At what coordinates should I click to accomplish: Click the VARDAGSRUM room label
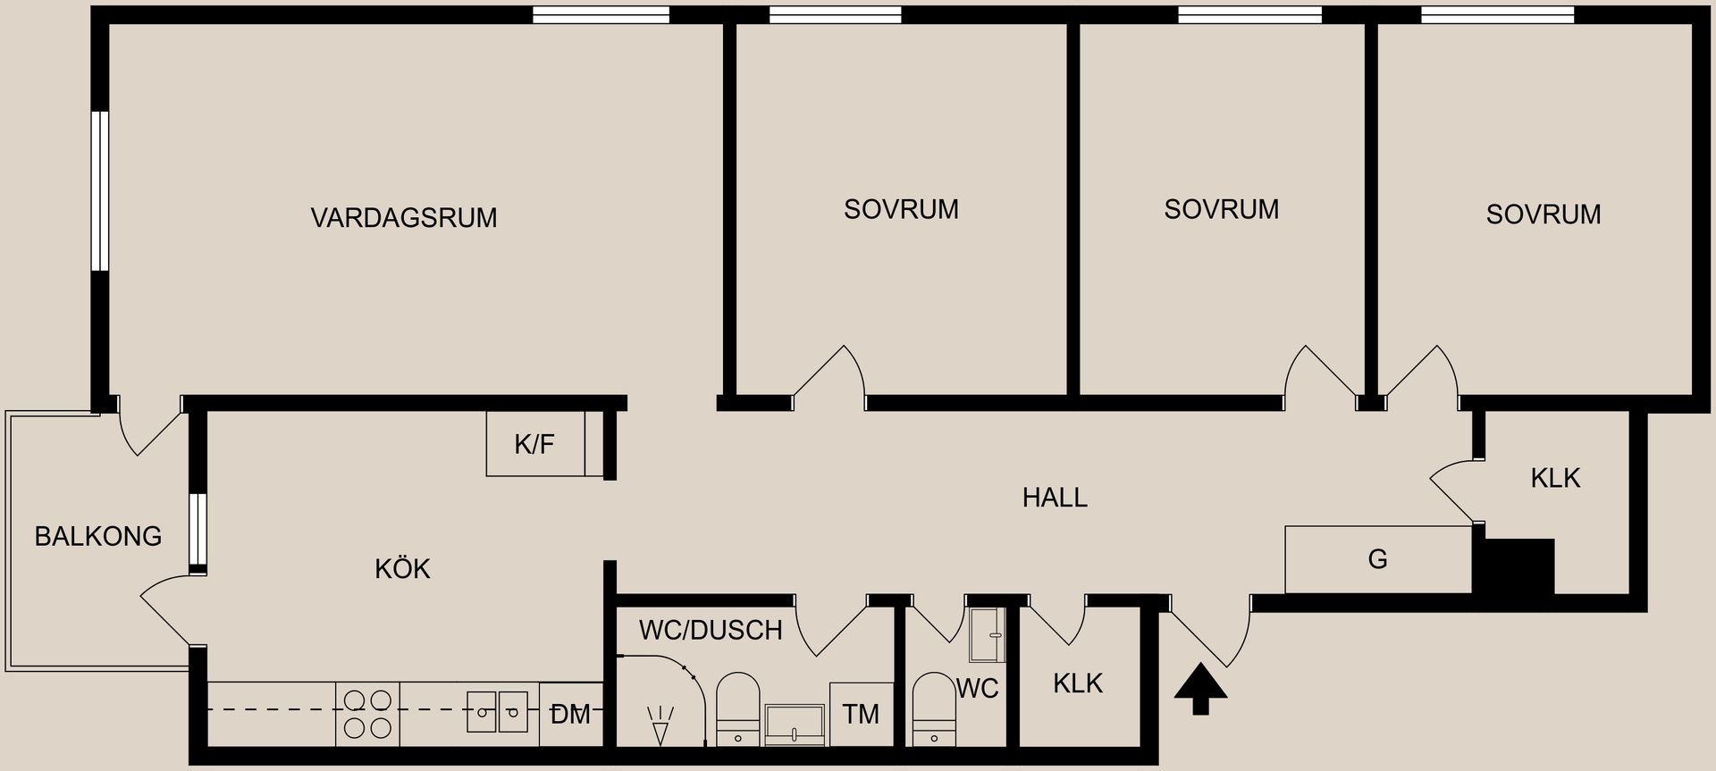coord(404,218)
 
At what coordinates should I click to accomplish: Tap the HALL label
coord(1055,498)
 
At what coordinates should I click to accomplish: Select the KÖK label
coord(402,569)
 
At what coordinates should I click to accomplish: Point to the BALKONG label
coord(98,536)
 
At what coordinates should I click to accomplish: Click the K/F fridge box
coord(535,444)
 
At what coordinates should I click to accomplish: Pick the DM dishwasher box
coord(571,714)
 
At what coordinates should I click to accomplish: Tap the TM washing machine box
coord(862,714)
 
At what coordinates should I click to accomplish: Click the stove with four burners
coord(368,714)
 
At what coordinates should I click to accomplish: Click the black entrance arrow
coord(1200,689)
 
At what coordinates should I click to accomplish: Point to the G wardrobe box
coord(1378,559)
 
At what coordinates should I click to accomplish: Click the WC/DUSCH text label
coord(711,630)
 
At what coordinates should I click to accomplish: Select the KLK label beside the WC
coord(1078,683)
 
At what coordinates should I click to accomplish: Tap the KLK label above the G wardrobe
coord(1555,478)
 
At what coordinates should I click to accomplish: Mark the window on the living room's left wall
coord(100,190)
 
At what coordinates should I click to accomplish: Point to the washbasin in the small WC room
coord(988,635)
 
